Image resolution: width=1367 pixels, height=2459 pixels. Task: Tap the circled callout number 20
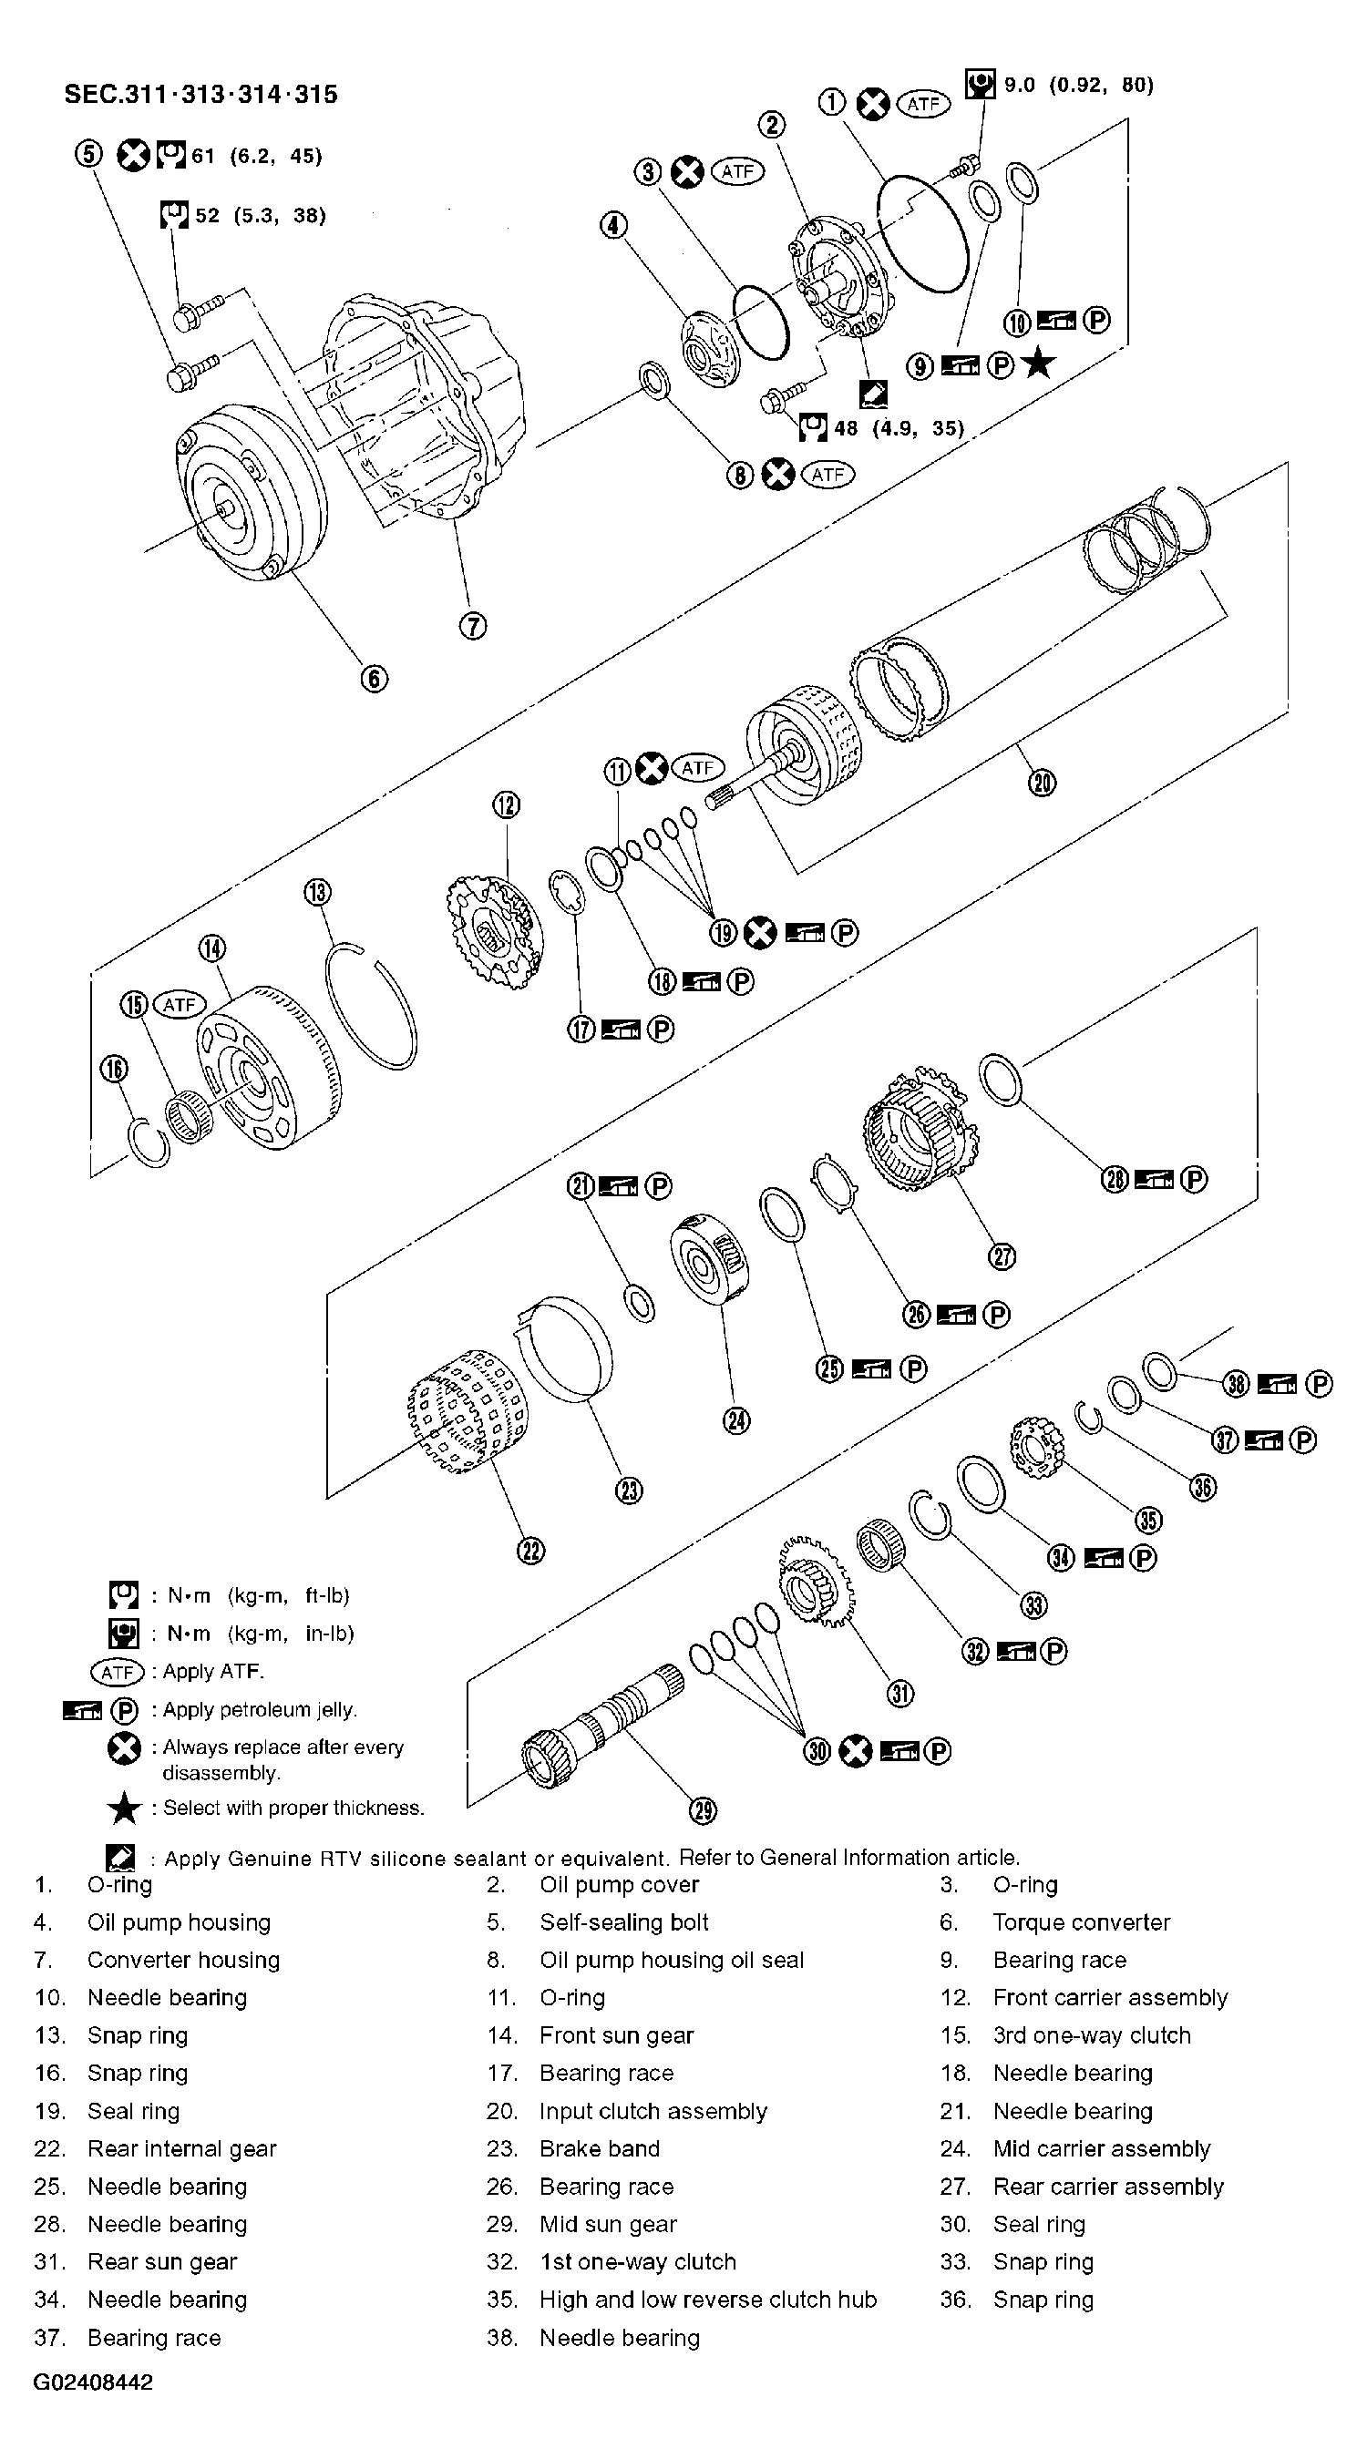tap(1042, 784)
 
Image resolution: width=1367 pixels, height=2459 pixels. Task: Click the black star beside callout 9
tap(1039, 364)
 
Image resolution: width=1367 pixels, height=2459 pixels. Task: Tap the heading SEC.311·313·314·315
tap(200, 95)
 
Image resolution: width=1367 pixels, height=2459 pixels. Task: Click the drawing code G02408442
tap(93, 2382)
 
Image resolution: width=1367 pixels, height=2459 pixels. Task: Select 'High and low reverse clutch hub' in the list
tap(707, 2300)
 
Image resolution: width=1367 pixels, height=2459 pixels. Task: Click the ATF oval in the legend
tap(117, 1672)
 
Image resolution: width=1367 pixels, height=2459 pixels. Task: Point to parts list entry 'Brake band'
tap(599, 2148)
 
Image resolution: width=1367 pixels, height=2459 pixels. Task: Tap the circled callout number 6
tap(375, 679)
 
